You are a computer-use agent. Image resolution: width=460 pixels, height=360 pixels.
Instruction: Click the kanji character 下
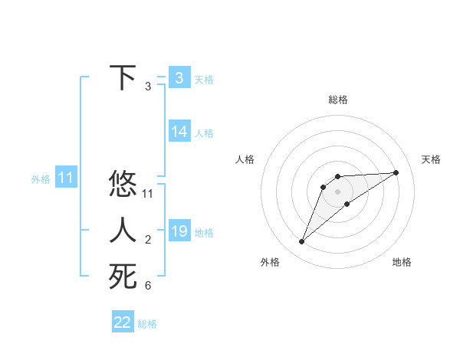click(x=123, y=78)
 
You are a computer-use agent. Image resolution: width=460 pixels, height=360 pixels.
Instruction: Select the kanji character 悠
click(x=123, y=185)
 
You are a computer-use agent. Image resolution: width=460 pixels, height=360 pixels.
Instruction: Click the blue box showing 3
click(x=179, y=78)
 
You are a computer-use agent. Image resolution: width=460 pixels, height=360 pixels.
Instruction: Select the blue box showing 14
click(x=179, y=132)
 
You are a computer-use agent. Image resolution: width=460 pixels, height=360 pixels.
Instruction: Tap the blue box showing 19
click(x=179, y=231)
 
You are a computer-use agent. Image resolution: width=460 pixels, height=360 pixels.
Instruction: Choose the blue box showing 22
click(x=123, y=322)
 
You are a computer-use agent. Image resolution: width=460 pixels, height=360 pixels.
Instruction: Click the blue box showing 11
click(x=65, y=178)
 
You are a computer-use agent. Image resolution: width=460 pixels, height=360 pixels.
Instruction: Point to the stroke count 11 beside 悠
click(x=148, y=195)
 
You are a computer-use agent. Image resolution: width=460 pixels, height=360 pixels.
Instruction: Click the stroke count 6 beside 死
click(x=148, y=286)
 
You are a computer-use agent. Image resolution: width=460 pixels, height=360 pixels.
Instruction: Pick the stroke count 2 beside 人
click(x=148, y=241)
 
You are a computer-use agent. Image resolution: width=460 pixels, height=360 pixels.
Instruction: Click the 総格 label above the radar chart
click(x=337, y=100)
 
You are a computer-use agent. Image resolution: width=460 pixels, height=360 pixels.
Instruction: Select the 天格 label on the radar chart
click(x=431, y=159)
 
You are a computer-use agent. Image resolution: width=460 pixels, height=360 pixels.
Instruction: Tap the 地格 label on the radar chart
click(x=402, y=262)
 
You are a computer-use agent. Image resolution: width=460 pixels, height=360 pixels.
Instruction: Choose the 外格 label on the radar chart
click(x=270, y=262)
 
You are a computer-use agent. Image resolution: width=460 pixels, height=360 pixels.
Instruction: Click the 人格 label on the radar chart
click(x=245, y=159)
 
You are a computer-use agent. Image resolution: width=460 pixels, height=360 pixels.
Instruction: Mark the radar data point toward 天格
click(x=396, y=172)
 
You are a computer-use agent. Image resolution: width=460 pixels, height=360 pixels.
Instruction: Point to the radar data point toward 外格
click(x=302, y=242)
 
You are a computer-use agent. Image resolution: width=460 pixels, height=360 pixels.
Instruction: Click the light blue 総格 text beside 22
click(x=147, y=323)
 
